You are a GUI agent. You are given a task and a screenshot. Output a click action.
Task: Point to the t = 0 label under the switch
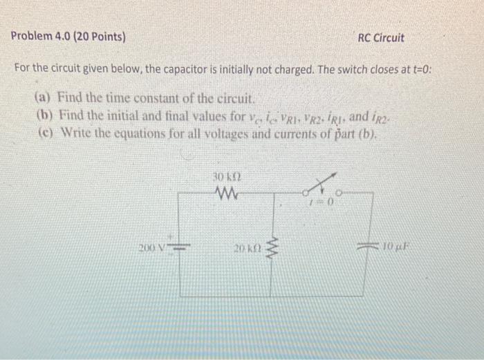pyautogui.click(x=325, y=202)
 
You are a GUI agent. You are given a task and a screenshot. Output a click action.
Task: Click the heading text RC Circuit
pyautogui.click(x=381, y=37)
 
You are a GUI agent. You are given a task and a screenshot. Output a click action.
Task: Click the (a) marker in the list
pyautogui.click(x=44, y=97)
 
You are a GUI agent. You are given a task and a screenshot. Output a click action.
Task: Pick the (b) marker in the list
pyautogui.click(x=44, y=113)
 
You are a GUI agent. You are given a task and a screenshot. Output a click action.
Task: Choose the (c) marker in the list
pyautogui.click(x=44, y=130)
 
